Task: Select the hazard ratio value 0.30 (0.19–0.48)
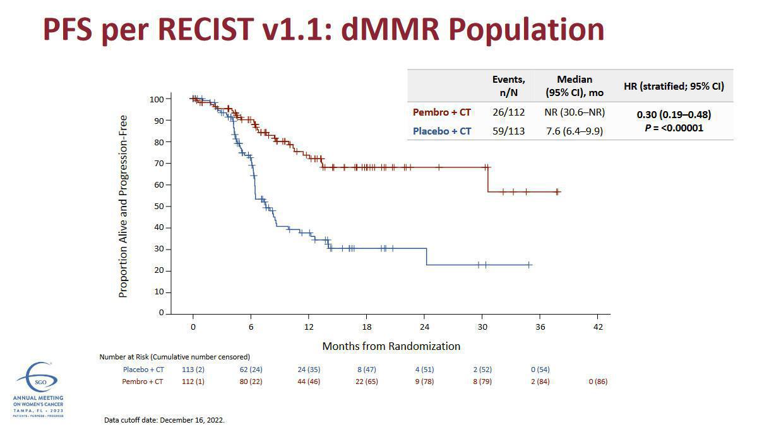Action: (674, 114)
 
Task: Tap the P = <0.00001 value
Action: (674, 128)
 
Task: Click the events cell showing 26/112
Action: (508, 112)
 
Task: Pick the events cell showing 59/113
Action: (508, 131)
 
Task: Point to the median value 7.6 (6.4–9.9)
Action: (574, 131)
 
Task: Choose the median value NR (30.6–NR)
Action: (574, 112)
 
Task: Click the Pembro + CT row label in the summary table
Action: (441, 112)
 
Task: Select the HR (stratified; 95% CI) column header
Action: (674, 86)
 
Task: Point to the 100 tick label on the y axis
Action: (155, 99)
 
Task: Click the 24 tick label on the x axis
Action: (424, 327)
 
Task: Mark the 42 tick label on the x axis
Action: (598, 327)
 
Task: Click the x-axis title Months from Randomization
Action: (391, 346)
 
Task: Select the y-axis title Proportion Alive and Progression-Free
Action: (123, 206)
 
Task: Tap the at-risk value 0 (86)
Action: (597, 382)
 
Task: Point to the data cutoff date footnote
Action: (164, 419)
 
